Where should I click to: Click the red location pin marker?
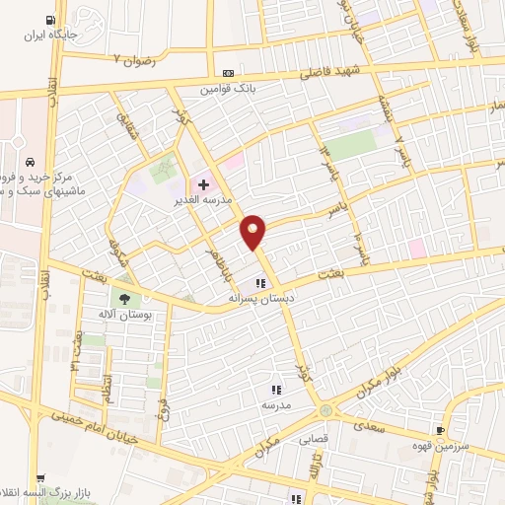point(253,231)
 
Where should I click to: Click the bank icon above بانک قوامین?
point(229,74)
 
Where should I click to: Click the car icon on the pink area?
point(32,161)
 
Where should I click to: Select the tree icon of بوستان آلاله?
point(124,298)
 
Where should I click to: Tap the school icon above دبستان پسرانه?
point(261,282)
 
